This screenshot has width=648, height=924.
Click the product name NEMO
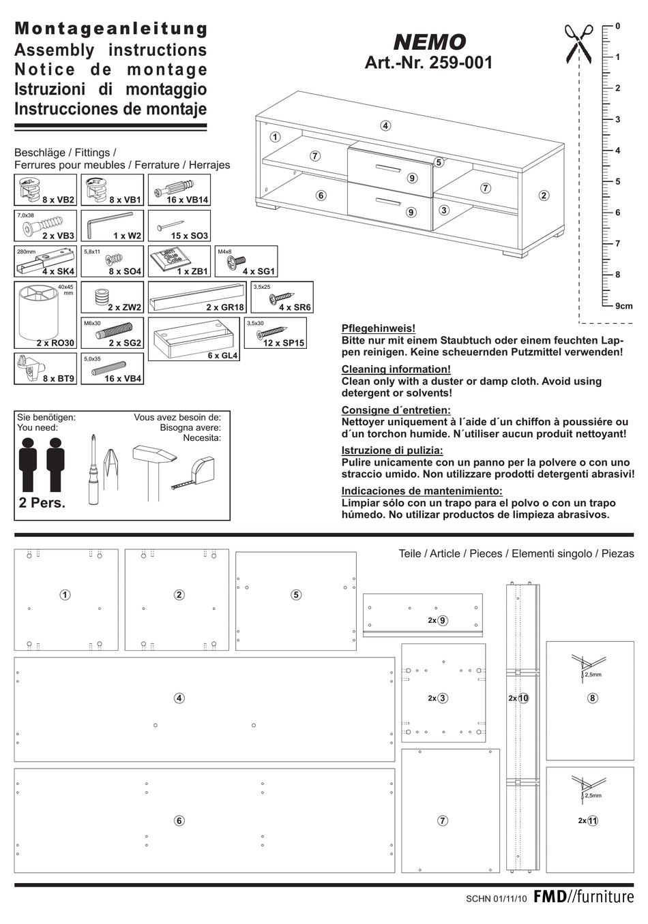point(430,43)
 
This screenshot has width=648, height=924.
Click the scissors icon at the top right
point(579,44)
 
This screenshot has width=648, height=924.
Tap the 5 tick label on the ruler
point(618,181)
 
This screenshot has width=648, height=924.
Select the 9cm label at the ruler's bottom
point(623,306)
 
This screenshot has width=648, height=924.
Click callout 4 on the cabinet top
point(385,125)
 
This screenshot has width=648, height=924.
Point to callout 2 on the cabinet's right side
point(544,196)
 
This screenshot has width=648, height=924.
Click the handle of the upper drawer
point(389,168)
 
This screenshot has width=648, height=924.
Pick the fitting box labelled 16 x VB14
point(179,190)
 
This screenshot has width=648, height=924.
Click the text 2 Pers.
point(42,504)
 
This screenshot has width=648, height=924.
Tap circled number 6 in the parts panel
point(179,820)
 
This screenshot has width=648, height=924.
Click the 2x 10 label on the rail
point(518,698)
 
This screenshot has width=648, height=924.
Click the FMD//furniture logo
point(583,897)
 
